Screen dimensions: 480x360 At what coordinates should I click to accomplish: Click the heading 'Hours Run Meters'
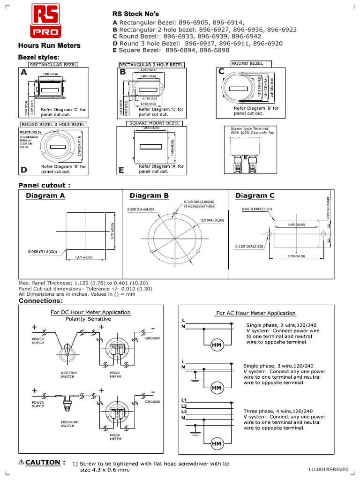49,46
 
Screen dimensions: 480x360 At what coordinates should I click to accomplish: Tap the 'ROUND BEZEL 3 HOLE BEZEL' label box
53,125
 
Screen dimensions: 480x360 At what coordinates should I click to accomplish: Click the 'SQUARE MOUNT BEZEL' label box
154,123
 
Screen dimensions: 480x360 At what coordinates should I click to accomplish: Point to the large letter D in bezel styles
24,169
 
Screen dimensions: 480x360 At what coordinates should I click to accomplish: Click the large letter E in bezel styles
121,171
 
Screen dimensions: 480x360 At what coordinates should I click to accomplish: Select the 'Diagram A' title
45,196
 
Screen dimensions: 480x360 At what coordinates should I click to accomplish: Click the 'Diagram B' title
149,195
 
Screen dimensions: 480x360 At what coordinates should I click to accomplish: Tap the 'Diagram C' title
255,195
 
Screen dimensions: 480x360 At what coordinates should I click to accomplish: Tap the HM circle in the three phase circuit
217,443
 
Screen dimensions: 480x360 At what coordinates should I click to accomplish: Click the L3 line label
184,411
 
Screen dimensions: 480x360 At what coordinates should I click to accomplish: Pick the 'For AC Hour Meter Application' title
255,313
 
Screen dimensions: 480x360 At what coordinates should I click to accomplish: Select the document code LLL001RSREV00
329,469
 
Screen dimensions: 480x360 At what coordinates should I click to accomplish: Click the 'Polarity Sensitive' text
88,319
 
